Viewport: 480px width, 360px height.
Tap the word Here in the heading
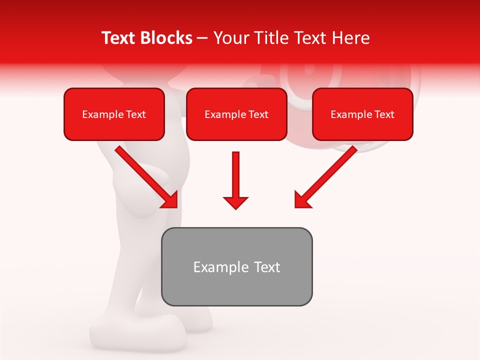point(350,38)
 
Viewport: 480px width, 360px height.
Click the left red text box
point(114,114)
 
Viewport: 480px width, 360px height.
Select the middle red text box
point(236,114)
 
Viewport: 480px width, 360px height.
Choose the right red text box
point(362,114)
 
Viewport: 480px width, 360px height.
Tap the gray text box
point(236,266)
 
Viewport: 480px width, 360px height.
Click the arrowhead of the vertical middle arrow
point(235,202)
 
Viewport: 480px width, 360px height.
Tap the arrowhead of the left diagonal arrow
point(170,200)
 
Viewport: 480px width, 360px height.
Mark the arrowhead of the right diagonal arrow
point(302,200)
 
